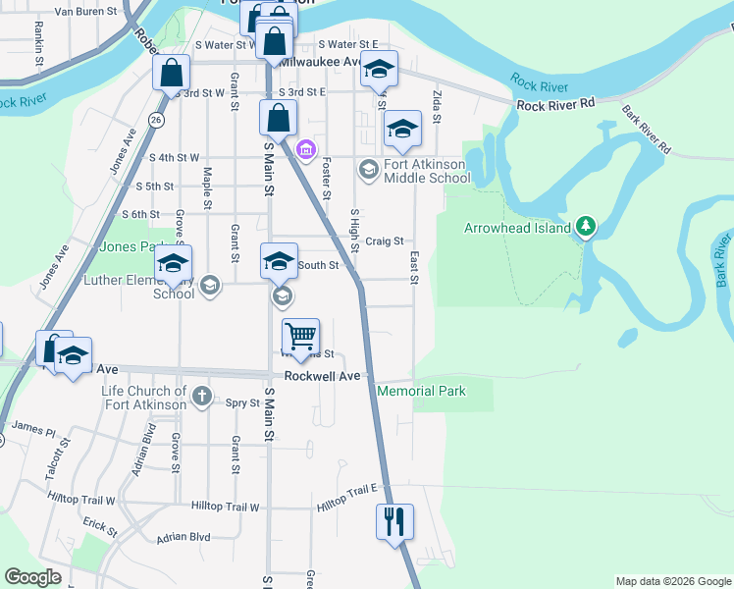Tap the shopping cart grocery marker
[300, 337]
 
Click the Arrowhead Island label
[517, 229]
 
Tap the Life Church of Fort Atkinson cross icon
[201, 397]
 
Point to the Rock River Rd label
[556, 105]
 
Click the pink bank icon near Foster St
[306, 149]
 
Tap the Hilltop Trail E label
[346, 496]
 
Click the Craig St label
[385, 241]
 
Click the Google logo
[32, 577]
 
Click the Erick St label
[100, 526]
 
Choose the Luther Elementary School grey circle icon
[208, 286]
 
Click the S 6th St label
[140, 214]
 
